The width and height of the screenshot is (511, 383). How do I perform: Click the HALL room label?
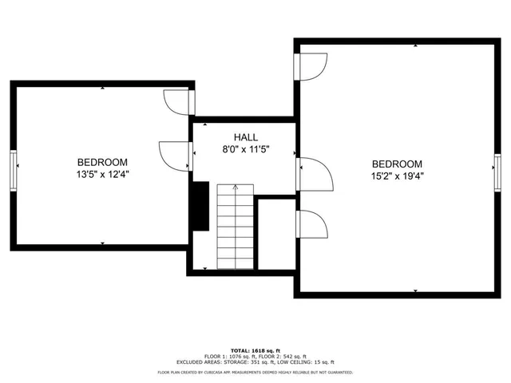pos(245,137)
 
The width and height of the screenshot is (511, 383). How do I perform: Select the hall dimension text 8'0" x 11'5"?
pos(245,149)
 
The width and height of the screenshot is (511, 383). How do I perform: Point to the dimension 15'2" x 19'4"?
pos(396,176)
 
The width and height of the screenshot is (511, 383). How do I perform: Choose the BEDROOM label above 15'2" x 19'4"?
pos(396,163)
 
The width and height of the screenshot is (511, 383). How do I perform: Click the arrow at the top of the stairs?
pos(235,188)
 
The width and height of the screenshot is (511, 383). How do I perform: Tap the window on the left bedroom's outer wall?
pos(13,168)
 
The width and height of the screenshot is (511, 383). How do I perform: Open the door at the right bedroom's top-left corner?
pos(312,65)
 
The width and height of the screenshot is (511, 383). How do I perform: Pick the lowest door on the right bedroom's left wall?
pos(312,225)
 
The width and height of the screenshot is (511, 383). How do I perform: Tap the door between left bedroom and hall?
pos(176,153)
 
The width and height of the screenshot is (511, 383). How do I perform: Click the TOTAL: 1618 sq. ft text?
pos(255,350)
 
